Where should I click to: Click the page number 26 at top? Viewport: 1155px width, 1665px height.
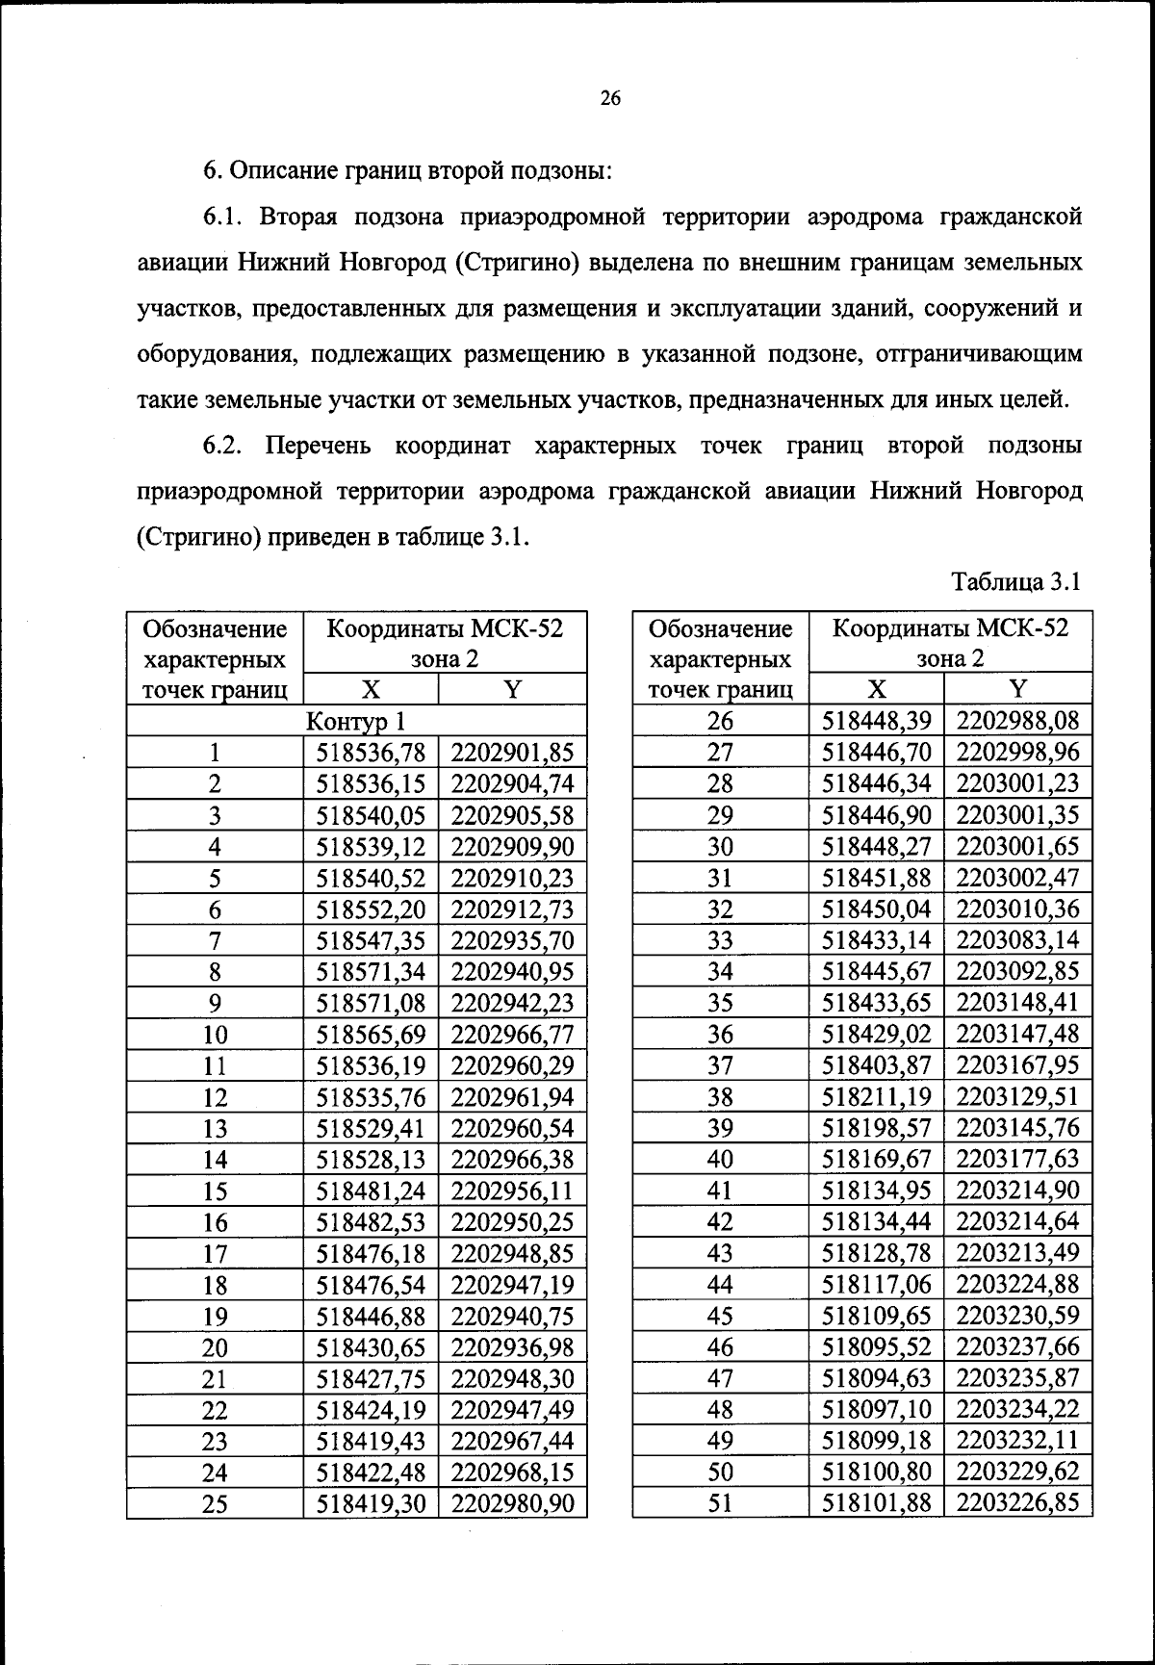[x=610, y=98]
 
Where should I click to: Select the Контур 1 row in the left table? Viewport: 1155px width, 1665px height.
[x=355, y=721]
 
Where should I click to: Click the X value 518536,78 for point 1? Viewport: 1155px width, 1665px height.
[x=371, y=753]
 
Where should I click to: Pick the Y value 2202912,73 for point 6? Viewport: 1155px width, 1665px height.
[x=512, y=909]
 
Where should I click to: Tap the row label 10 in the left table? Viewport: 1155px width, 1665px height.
[x=215, y=1035]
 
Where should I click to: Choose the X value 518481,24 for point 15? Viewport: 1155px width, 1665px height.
[x=371, y=1191]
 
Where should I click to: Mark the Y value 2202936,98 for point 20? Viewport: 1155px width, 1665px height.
[x=512, y=1347]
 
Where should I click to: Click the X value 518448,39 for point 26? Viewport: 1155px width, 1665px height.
[x=877, y=721]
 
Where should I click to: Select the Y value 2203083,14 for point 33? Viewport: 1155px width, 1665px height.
[x=1018, y=940]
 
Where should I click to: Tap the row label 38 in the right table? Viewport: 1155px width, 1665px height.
[x=720, y=1097]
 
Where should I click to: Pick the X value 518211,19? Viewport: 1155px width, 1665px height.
[x=877, y=1097]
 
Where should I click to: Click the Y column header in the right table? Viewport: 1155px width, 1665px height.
[x=1018, y=688]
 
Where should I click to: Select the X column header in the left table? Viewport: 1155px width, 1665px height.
[x=371, y=688]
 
